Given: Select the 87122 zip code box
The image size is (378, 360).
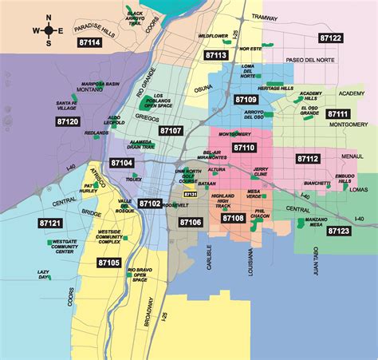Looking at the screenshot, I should coord(330,38).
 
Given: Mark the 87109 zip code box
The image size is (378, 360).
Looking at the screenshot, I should coord(246,100).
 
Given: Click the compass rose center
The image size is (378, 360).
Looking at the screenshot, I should coord(49,30).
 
